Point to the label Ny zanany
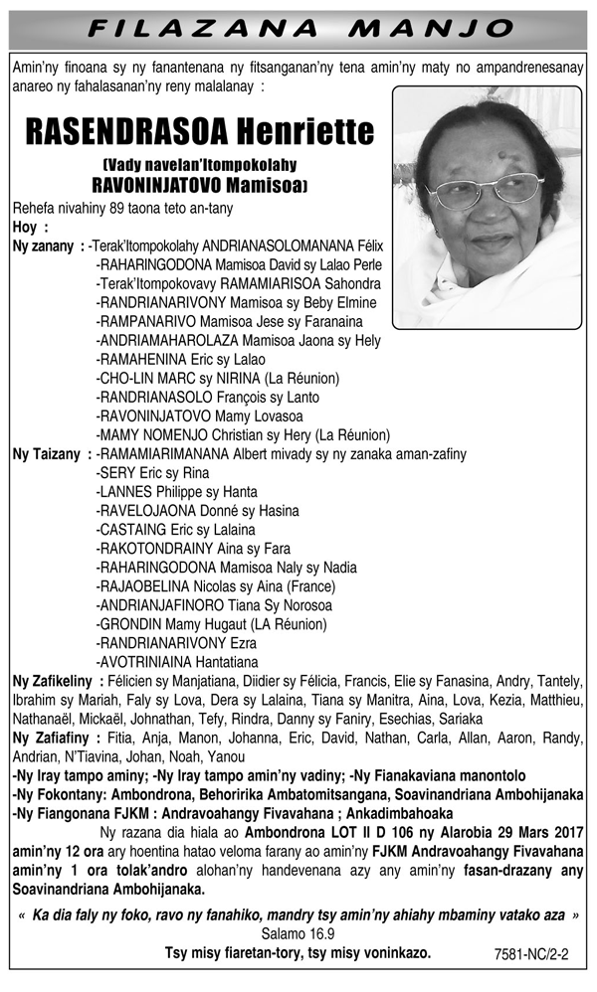(43, 247)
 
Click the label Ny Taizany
(46, 454)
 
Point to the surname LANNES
(125, 492)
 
